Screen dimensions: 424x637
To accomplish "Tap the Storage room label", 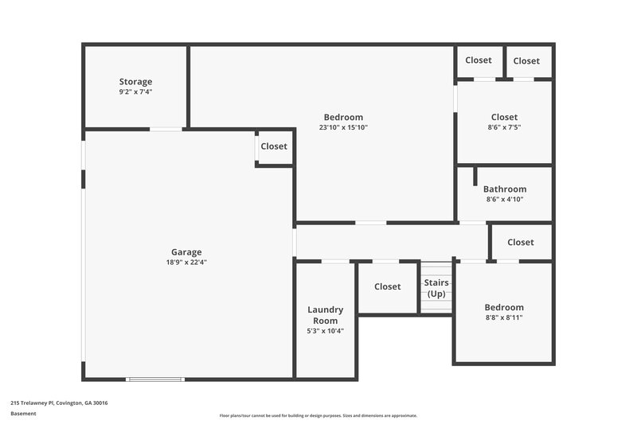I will [x=135, y=82].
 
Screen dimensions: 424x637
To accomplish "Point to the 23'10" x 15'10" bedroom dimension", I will [x=343, y=127].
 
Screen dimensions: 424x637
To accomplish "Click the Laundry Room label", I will [x=325, y=315].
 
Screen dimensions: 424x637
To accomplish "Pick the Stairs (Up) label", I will [x=436, y=288].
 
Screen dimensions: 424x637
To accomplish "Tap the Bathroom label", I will [x=504, y=189].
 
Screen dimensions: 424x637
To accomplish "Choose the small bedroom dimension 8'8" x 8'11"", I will [x=504, y=317].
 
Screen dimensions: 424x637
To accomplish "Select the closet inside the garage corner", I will [x=274, y=146].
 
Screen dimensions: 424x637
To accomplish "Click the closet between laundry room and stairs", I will [x=387, y=286].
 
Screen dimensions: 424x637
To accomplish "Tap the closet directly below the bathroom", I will [x=520, y=242].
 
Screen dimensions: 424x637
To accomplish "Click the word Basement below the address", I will [x=24, y=414].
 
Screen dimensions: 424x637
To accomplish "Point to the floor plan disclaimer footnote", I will [x=318, y=415].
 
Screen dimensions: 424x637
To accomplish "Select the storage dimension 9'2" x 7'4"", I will [x=135, y=91].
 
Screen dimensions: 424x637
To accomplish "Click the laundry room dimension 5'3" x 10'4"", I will [x=325, y=331].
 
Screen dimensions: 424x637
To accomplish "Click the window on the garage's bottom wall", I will [x=156, y=379].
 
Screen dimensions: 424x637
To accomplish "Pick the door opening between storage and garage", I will [x=166, y=129].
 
